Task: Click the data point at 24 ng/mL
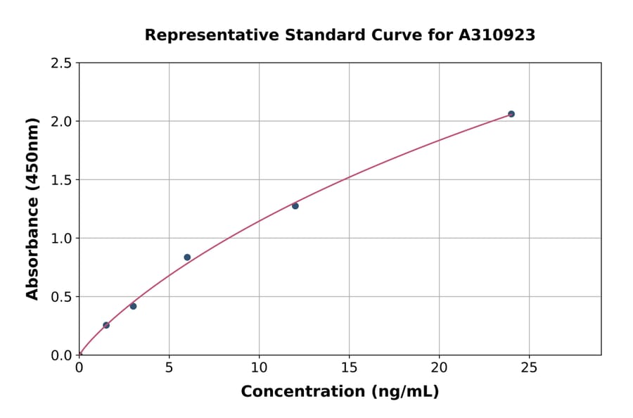(511, 114)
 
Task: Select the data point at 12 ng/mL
(295, 205)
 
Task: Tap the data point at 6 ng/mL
(187, 257)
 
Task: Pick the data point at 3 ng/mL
(133, 306)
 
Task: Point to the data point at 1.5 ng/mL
(106, 325)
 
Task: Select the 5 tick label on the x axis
(169, 367)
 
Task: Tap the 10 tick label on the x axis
(259, 367)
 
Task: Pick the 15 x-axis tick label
(349, 367)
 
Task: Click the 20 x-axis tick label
(439, 367)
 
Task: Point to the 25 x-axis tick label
(529, 367)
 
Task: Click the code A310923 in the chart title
(497, 34)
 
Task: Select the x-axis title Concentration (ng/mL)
(340, 391)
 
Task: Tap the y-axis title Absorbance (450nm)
(32, 209)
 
